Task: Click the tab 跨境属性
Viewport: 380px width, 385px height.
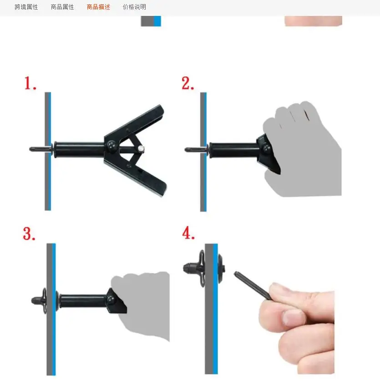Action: click(x=26, y=7)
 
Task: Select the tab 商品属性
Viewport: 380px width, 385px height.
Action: click(x=62, y=7)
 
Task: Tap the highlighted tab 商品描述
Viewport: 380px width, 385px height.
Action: click(x=98, y=7)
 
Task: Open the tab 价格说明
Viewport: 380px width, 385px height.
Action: click(x=134, y=7)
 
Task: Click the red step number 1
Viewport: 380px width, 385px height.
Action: click(x=30, y=83)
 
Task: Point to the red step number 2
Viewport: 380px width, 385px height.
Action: click(x=188, y=83)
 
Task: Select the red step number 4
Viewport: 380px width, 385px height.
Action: click(x=188, y=233)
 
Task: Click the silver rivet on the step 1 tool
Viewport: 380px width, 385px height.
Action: click(x=142, y=148)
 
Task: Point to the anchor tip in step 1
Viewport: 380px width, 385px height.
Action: click(x=33, y=149)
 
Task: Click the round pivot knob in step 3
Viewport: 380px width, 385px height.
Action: click(x=111, y=299)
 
